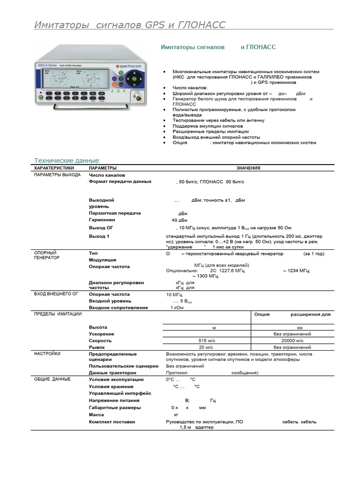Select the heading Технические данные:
(67, 160)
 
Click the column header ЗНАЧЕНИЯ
(248, 168)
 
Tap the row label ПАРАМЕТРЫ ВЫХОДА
(57, 175)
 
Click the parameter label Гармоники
(102, 220)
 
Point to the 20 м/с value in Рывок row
(206, 347)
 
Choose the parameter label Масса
(97, 415)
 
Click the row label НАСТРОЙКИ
(47, 354)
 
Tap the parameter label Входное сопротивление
(118, 308)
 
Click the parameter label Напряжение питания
(114, 401)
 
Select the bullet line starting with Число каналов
(190, 88)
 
